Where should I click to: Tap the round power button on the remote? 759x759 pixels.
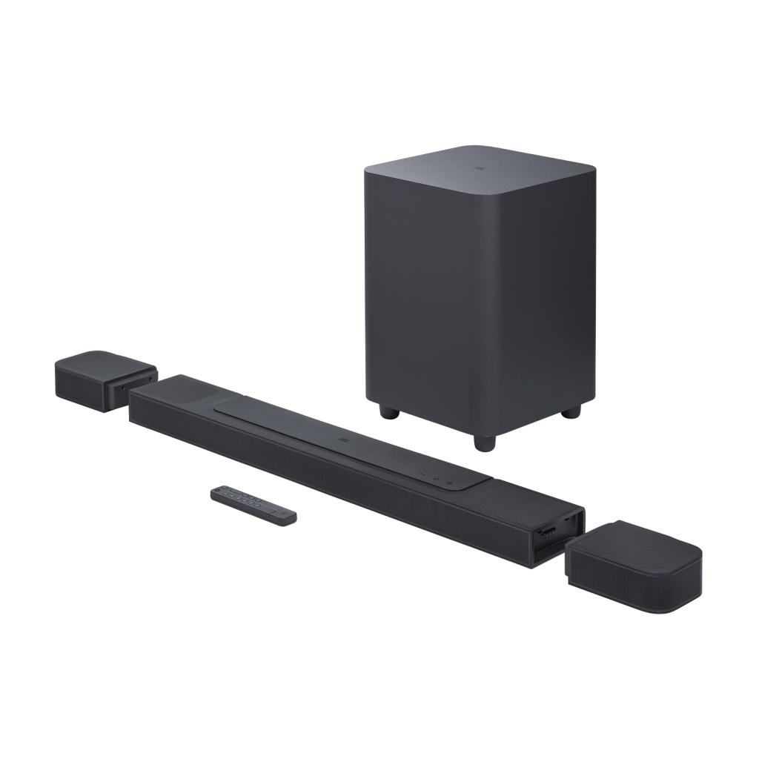(x=217, y=490)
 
